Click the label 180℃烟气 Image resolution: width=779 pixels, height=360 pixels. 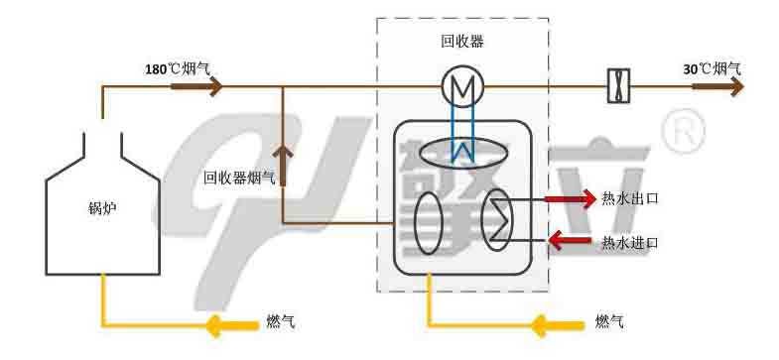177,69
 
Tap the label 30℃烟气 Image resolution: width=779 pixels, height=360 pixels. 713,69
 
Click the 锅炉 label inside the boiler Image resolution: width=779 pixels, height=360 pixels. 101,209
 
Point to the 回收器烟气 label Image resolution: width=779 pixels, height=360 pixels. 238,179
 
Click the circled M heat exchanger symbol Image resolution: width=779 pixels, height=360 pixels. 462,88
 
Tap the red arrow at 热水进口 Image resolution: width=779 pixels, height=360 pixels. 572,240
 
